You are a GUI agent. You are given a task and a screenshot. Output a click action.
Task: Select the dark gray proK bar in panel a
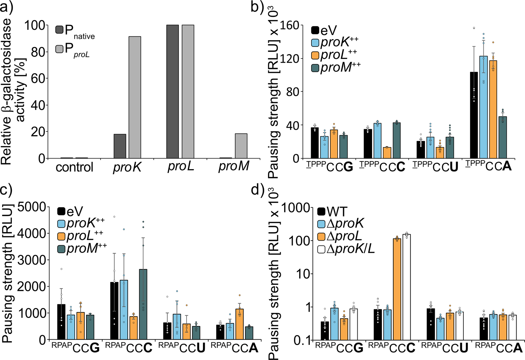[x=120, y=146]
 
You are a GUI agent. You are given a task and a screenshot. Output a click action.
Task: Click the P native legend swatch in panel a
[x=59, y=30]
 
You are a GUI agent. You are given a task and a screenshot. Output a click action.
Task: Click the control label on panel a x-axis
[x=74, y=167]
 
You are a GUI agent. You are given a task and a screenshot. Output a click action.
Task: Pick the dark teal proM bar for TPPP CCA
[x=503, y=137]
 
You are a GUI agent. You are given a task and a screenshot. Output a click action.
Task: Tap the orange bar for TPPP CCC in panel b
[x=387, y=153]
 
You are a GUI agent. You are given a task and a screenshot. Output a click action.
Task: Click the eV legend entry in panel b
[x=324, y=31]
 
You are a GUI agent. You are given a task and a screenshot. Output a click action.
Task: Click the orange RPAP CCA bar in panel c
[x=239, y=324]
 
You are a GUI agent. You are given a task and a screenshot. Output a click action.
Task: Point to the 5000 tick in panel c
[x=32, y=207]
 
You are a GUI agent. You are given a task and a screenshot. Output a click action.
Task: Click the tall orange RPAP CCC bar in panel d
[x=397, y=289]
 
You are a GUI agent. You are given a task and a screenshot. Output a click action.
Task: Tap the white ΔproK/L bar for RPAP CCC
[x=406, y=287]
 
